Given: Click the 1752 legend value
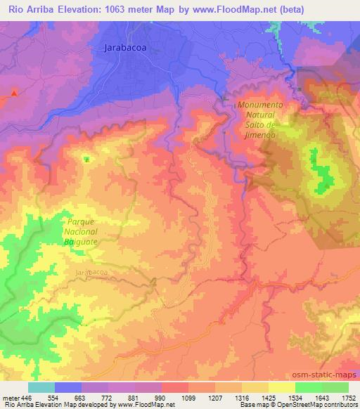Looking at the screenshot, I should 347,398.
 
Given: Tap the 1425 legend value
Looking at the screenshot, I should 267,398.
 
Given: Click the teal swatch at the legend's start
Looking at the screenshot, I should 41,387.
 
